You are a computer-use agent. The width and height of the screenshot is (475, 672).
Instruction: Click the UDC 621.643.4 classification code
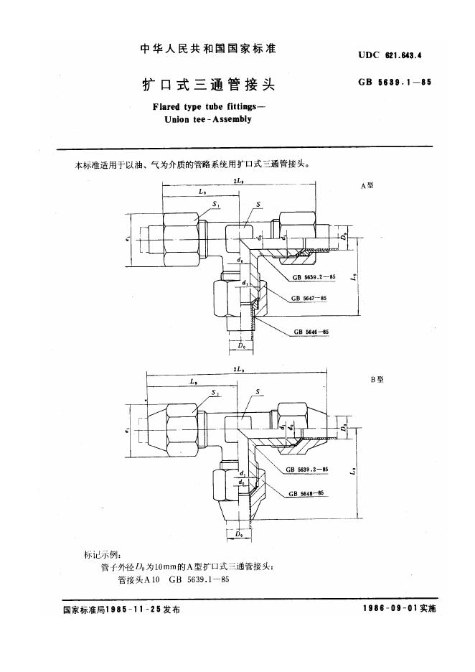(x=393, y=54)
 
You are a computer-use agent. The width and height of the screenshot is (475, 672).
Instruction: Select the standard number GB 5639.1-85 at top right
(x=394, y=82)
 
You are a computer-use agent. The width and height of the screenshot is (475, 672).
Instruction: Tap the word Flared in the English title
(x=167, y=108)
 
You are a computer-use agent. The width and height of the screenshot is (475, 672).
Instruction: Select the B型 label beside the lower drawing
(x=377, y=379)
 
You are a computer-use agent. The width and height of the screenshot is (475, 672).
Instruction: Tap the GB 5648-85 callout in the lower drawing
(x=306, y=493)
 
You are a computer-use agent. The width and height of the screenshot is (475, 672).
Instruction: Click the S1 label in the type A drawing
(x=217, y=204)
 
